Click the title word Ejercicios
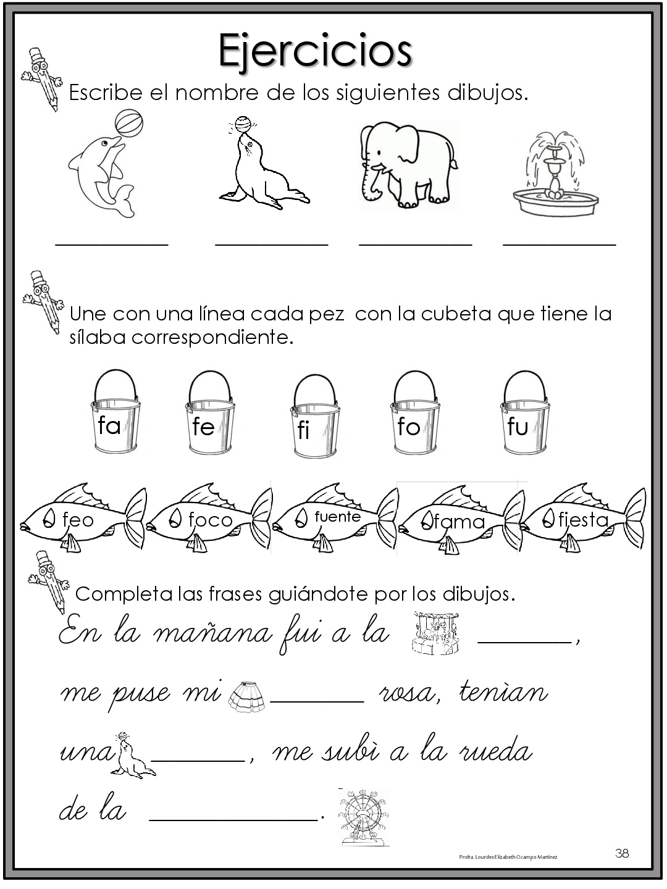click(x=315, y=51)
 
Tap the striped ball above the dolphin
click(x=128, y=123)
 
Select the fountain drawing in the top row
click(x=556, y=176)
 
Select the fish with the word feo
click(x=83, y=519)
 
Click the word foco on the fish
click(x=210, y=520)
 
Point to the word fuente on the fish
click(x=337, y=516)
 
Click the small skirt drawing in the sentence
click(x=246, y=696)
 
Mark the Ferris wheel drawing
click(x=363, y=816)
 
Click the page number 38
click(x=622, y=853)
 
